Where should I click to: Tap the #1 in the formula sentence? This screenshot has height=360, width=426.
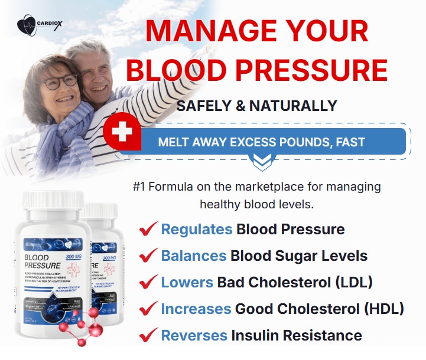(x=139, y=187)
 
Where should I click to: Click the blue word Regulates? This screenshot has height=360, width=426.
(x=197, y=230)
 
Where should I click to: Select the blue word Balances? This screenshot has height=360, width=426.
(x=194, y=256)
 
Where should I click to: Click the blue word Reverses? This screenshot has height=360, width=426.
(x=194, y=336)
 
